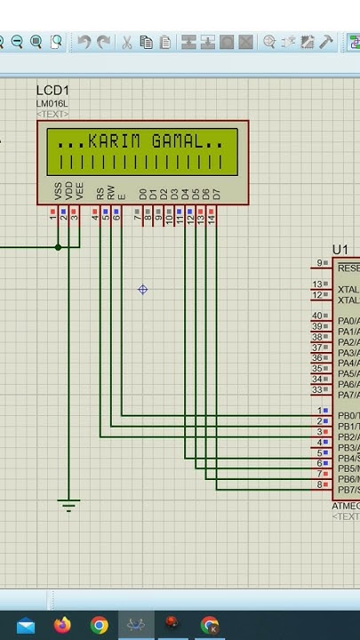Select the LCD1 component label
(52, 91)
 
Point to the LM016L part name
(52, 103)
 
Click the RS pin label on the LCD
(100, 193)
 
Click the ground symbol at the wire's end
(68, 505)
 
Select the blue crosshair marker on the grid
(142, 290)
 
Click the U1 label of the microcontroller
(340, 251)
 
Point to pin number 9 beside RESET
(320, 264)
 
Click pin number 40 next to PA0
(318, 316)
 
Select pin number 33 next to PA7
(318, 390)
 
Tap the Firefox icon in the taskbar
(62, 626)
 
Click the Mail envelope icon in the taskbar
(25, 626)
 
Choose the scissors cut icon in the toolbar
(126, 42)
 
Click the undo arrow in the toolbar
(84, 42)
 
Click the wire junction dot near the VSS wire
(59, 246)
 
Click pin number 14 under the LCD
(212, 218)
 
